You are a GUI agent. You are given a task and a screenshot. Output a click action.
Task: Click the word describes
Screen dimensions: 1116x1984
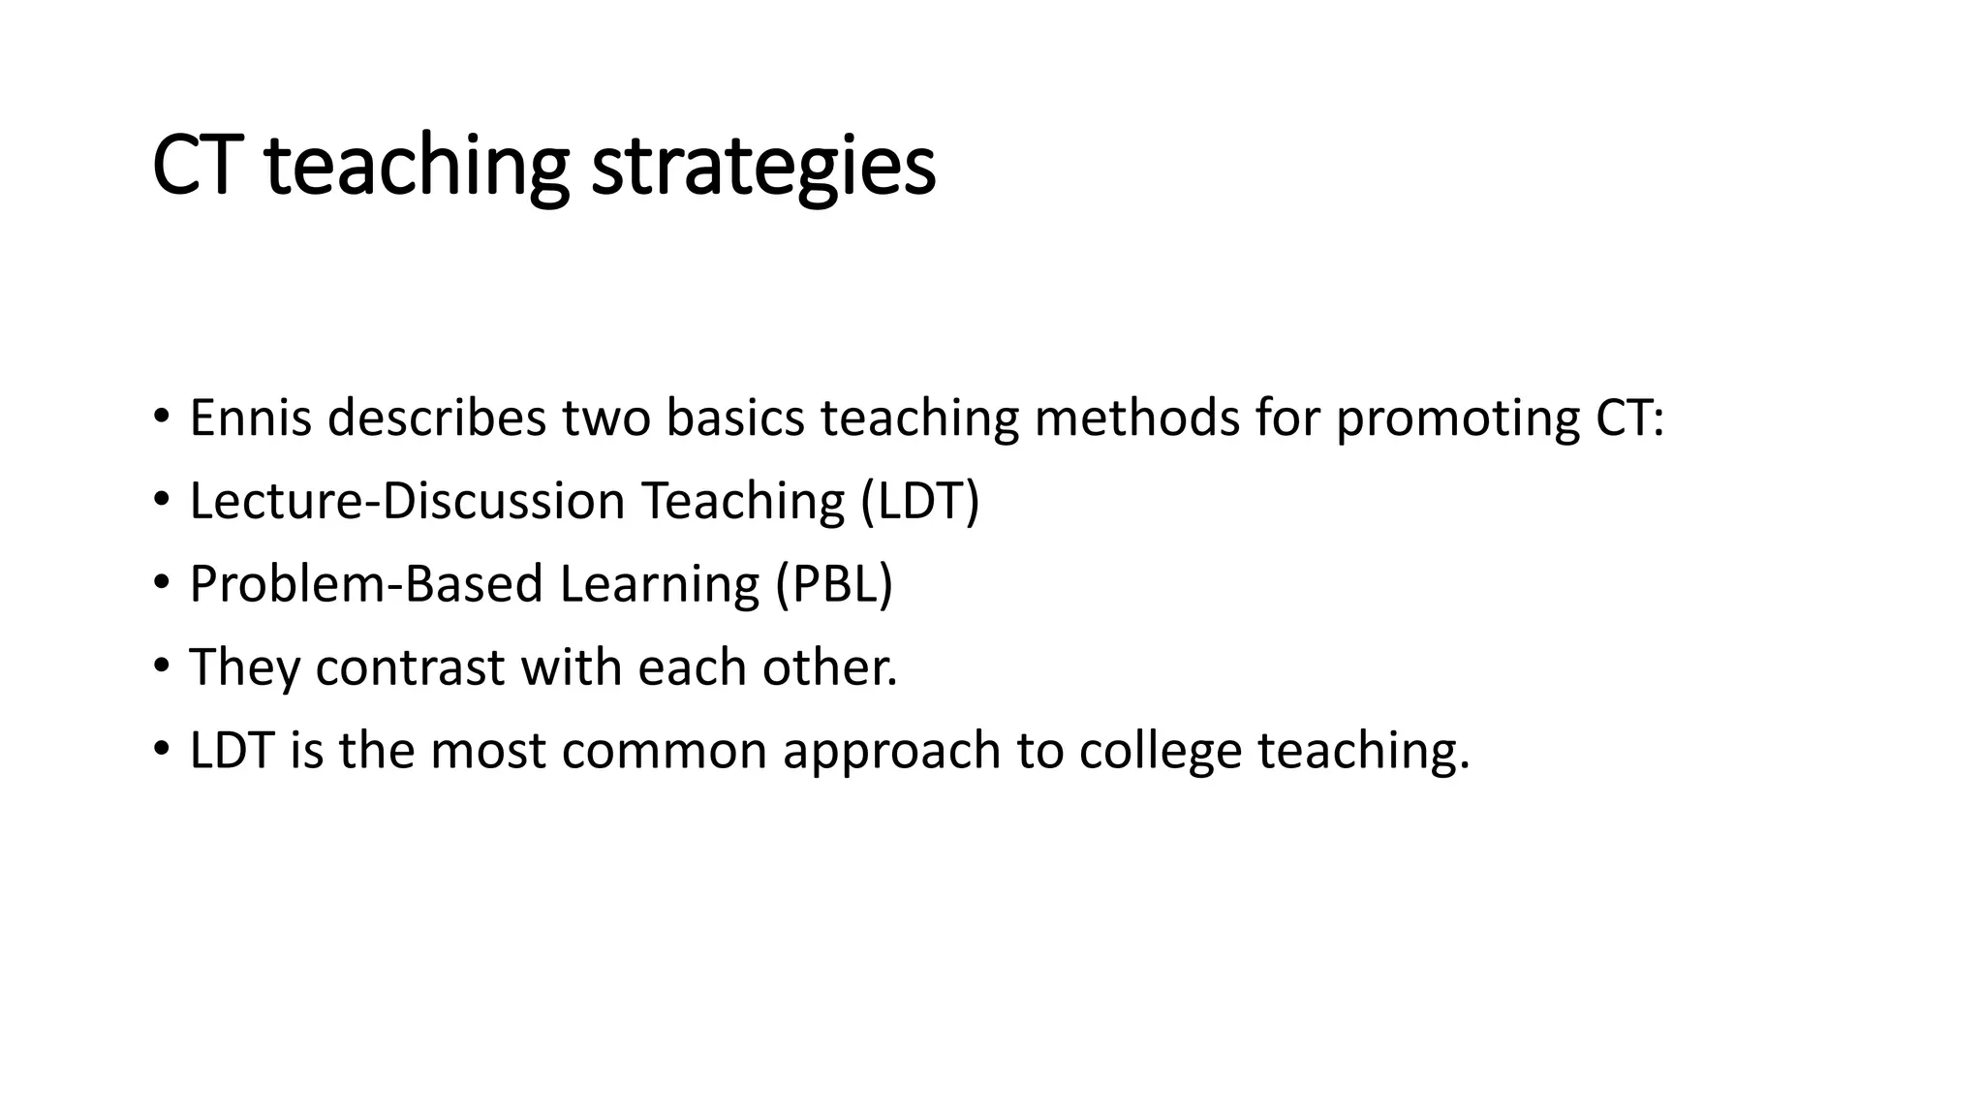point(437,418)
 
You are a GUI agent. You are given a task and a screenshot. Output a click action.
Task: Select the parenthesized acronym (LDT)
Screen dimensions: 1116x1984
point(919,502)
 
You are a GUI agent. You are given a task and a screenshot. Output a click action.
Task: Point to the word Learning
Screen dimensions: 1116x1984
point(659,584)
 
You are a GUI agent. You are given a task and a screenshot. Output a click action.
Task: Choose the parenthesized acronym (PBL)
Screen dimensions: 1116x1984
point(833,584)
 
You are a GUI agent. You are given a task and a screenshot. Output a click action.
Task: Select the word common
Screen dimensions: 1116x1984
point(664,751)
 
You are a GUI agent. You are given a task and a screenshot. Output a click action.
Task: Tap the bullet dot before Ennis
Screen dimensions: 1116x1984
point(161,416)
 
